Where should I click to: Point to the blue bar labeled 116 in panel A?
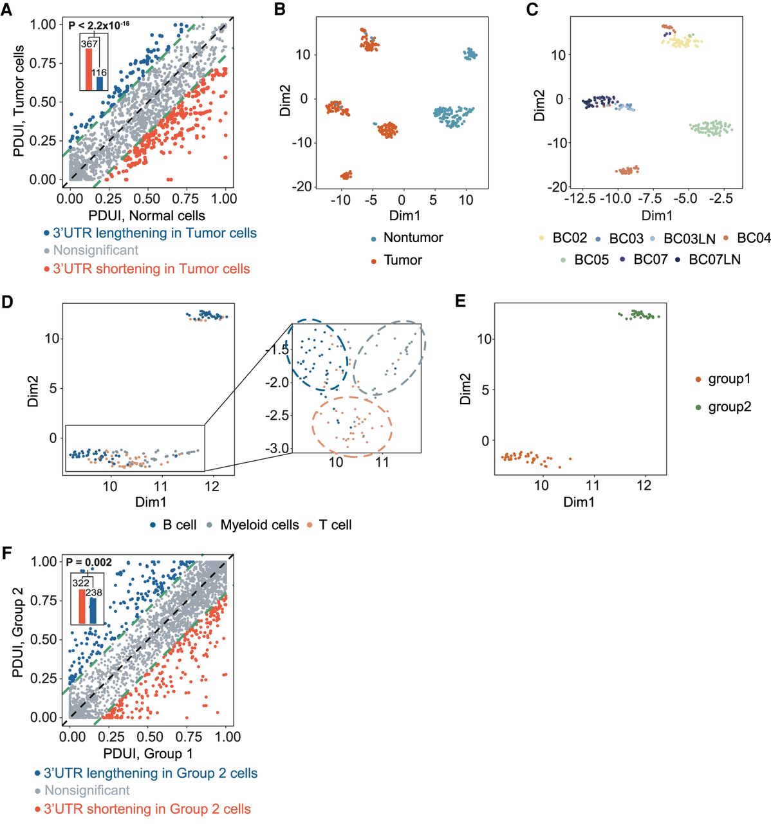[x=100, y=83]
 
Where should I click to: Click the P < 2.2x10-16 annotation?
[x=98, y=24]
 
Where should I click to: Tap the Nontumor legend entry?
[x=413, y=238]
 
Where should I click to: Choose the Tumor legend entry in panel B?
[x=402, y=260]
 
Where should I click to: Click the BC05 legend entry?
[x=591, y=260]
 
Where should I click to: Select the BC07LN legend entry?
[x=714, y=259]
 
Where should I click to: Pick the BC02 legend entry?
[x=569, y=238]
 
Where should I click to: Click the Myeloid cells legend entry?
[x=259, y=525]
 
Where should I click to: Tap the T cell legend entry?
[x=335, y=525]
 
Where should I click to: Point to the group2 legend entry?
[x=729, y=407]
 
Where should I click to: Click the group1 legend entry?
[x=729, y=379]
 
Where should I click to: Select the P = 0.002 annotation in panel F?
[x=89, y=562]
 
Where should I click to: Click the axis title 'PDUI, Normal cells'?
[x=146, y=216]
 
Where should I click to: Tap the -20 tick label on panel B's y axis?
[x=302, y=187]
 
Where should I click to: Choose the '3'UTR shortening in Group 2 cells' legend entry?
[x=147, y=809]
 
